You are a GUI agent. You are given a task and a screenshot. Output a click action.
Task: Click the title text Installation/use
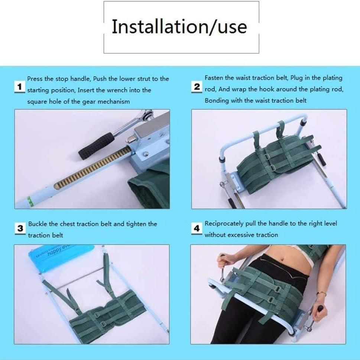(179, 27)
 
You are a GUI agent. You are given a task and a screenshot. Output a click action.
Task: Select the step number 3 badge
(20, 228)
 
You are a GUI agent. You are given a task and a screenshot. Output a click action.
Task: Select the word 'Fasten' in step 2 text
(214, 78)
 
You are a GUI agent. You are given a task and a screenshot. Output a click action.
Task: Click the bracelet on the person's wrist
(321, 294)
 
